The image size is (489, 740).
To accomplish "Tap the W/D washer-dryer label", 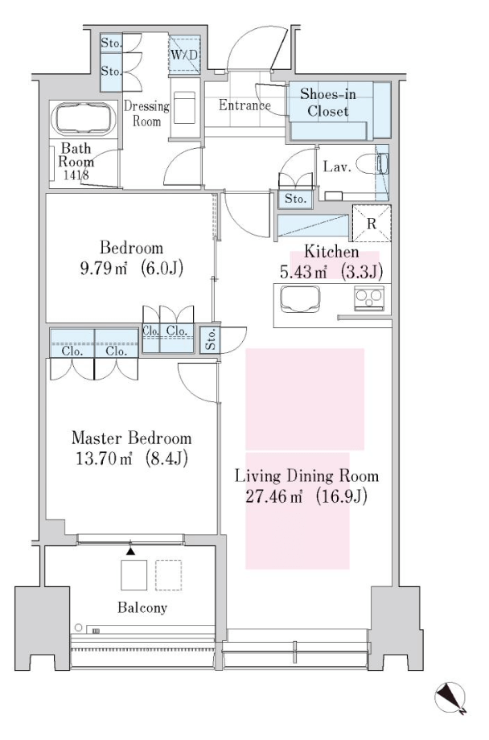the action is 184,55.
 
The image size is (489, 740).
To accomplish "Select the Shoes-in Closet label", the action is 328,102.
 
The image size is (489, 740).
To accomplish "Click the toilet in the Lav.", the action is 372,165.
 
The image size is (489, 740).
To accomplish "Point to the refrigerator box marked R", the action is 372,224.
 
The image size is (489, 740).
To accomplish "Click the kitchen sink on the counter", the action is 300,299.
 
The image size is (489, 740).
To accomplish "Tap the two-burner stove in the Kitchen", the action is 369,298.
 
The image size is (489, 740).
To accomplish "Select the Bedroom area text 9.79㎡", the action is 104,269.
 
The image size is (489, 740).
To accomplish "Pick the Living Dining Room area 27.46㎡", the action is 273,496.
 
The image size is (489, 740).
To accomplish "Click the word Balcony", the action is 142,607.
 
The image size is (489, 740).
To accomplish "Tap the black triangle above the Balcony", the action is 131,551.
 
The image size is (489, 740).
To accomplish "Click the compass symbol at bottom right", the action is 450,698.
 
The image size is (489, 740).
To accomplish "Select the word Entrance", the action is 244,105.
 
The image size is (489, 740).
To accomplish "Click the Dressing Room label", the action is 146,113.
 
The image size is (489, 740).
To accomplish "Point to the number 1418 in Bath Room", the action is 76,175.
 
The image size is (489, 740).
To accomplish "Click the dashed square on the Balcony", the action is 169,575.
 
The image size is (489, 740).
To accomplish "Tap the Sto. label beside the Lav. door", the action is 295,199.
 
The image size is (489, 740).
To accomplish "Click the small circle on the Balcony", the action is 78,627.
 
